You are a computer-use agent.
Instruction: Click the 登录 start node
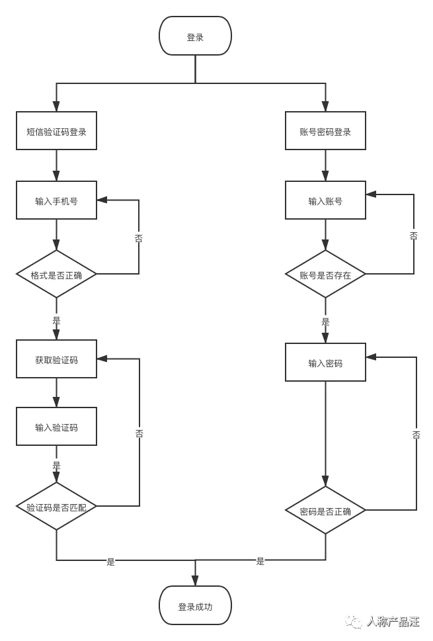coord(195,36)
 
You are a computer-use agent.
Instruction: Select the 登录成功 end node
coord(195,605)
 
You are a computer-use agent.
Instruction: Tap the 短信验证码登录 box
coord(56,131)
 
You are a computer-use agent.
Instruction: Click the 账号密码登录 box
coord(325,131)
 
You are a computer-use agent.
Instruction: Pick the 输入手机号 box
coord(56,200)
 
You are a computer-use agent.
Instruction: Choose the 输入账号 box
coord(325,200)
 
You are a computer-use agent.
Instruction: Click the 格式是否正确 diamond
coord(56,274)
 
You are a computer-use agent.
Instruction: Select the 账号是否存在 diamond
coord(325,274)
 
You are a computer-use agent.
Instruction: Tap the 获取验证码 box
coord(56,359)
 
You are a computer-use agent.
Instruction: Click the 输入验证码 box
coord(56,427)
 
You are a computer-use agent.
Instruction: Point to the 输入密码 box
coord(325,363)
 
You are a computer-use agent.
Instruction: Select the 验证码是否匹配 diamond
coord(56,506)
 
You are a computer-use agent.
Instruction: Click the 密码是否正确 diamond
coord(325,510)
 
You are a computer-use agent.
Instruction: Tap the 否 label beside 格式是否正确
coord(139,238)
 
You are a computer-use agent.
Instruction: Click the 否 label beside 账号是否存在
coord(414,235)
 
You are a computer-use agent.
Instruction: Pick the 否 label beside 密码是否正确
coord(416,434)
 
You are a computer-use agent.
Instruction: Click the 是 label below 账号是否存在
coord(325,321)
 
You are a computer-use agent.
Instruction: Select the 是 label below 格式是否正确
coord(56,321)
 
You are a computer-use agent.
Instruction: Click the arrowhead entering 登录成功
coord(195,581)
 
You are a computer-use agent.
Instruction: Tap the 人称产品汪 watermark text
coord(393,622)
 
